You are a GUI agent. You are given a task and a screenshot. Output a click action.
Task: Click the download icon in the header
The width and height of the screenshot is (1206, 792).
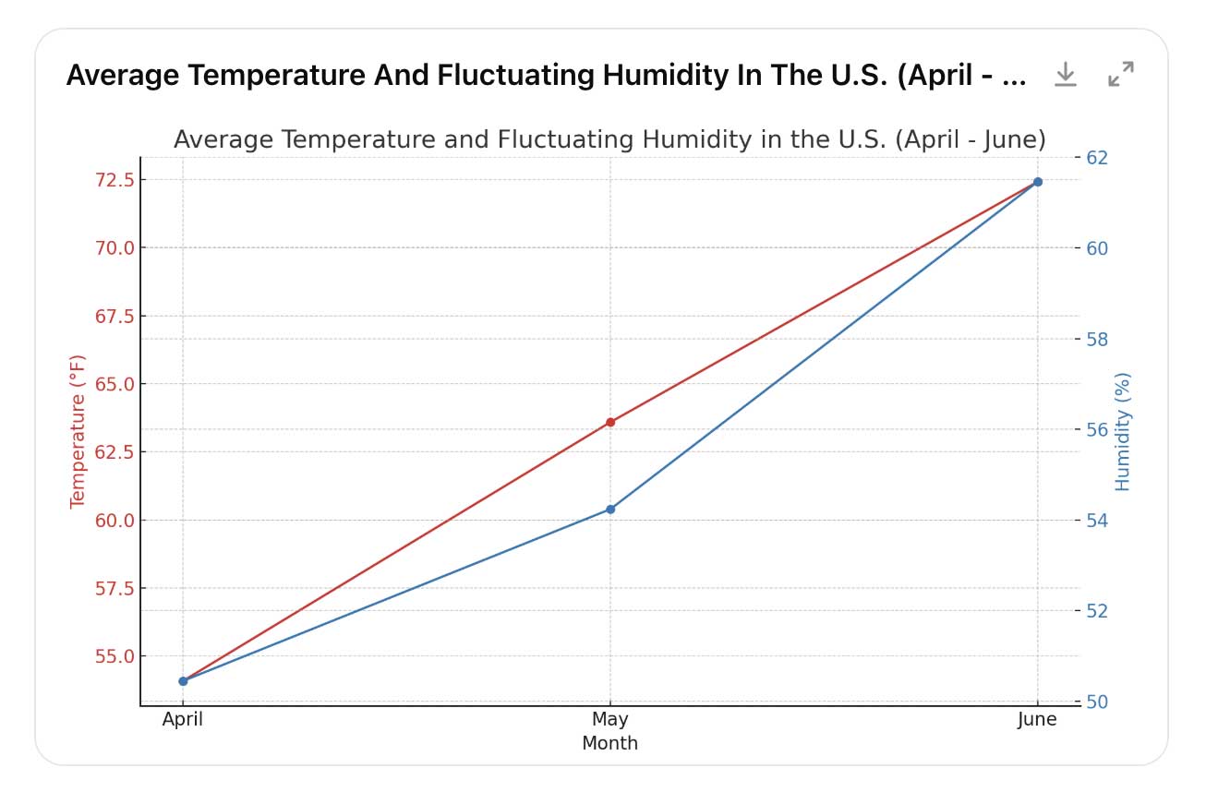pos(1066,75)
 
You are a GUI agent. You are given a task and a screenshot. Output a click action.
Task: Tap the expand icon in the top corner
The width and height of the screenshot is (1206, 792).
pos(1121,75)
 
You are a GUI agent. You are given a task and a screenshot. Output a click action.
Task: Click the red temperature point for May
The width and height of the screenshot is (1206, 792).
pos(610,422)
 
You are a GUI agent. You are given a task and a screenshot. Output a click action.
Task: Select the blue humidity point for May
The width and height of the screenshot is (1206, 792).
pos(610,510)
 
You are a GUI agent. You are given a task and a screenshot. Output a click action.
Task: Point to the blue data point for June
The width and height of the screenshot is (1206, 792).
pos(1038,182)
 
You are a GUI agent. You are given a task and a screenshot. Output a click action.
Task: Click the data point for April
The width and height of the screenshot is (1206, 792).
pos(183,681)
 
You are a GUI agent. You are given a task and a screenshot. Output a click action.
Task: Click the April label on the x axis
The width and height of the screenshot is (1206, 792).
pos(183,720)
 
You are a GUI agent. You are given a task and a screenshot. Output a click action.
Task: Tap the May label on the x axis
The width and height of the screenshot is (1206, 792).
pos(610,720)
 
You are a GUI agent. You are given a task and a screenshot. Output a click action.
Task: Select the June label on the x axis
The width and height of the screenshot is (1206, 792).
pos(1037,720)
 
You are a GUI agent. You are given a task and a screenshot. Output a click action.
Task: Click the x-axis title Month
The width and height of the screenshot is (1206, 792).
pos(609,743)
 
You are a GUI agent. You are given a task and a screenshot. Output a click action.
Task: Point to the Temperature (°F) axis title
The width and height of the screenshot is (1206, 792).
pos(78,431)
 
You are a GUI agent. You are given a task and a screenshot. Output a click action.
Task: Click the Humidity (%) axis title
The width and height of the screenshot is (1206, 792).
pos(1123,431)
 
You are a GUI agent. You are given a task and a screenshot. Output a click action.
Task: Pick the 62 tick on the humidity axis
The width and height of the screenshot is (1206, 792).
pos(1099,158)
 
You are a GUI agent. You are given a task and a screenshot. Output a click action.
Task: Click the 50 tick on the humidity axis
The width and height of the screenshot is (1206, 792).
pos(1099,702)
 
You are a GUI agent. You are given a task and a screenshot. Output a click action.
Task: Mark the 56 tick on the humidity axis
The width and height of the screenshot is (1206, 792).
pos(1099,430)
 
